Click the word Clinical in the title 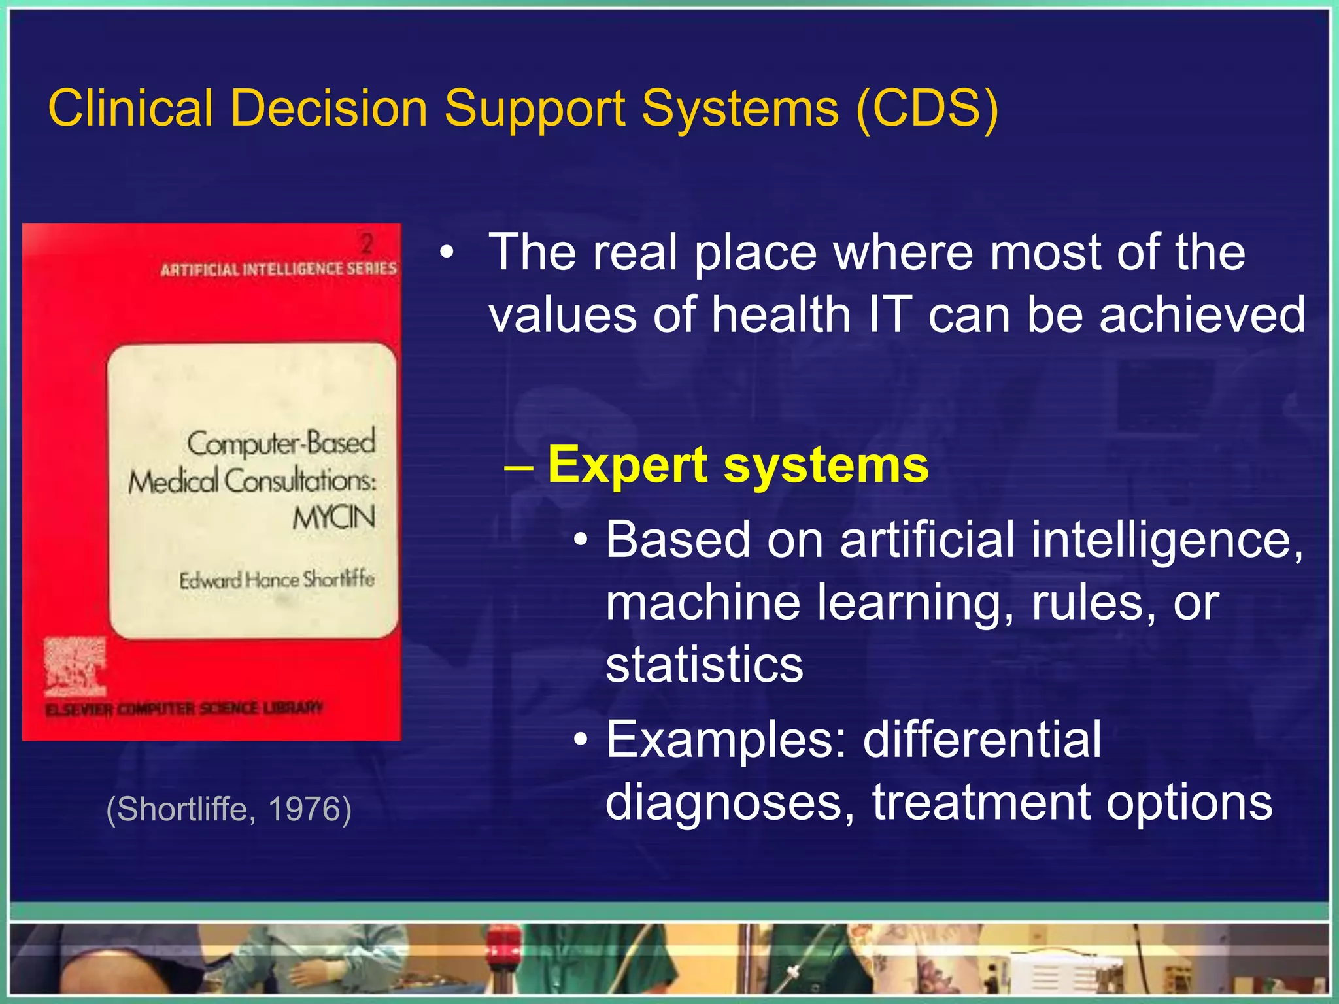[x=131, y=108]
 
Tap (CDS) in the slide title [x=927, y=108]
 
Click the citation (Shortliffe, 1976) [x=229, y=809]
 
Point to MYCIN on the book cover [x=333, y=518]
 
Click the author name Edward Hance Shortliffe [x=277, y=580]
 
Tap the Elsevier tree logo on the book [x=74, y=667]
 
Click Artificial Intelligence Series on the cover [x=279, y=269]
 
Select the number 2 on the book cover [x=367, y=244]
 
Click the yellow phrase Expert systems [x=737, y=465]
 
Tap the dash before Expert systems [x=520, y=467]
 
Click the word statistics [x=704, y=665]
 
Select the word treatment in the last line [x=981, y=803]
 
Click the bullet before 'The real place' [x=447, y=254]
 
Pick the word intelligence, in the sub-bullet [x=1167, y=541]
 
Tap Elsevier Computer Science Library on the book [x=184, y=709]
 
